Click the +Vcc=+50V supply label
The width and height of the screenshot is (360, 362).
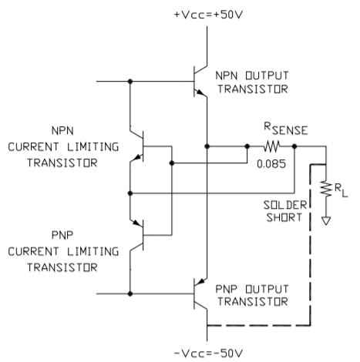(208, 15)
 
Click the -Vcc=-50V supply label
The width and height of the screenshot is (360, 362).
(208, 354)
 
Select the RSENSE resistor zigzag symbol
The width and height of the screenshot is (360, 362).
(271, 146)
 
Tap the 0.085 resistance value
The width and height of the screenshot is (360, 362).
(271, 164)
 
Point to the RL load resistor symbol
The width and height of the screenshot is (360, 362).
(326, 189)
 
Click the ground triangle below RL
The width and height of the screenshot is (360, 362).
(326, 221)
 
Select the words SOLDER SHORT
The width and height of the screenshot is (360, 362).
(285, 211)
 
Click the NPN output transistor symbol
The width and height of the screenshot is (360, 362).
(200, 81)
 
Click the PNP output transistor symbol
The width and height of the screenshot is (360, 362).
(200, 293)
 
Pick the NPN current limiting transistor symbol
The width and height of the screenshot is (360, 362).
(136, 146)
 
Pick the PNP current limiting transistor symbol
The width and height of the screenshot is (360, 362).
(136, 235)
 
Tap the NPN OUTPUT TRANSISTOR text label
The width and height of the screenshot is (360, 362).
(252, 82)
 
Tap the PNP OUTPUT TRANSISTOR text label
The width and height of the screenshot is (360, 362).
(252, 295)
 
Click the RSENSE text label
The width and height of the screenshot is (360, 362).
(286, 129)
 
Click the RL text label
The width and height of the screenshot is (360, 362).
(341, 191)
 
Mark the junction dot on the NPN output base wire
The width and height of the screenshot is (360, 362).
(130, 82)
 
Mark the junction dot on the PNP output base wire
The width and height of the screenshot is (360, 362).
(130, 293)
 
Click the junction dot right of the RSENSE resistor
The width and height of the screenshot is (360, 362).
(294, 146)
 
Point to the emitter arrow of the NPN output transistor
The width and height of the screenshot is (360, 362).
(199, 92)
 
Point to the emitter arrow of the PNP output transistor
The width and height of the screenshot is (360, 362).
(201, 282)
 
